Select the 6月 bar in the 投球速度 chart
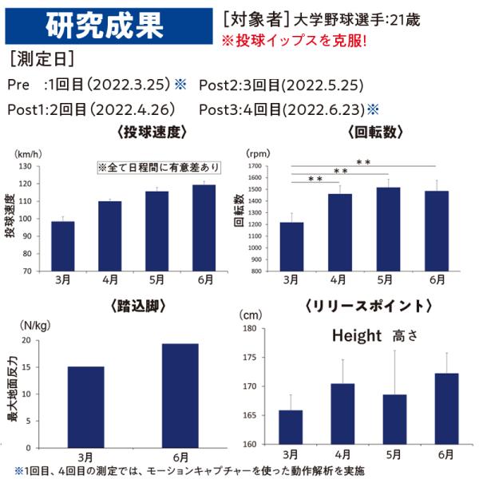pos(204,228)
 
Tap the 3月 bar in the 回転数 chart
pos(291,247)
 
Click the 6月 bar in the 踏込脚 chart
pos(180,396)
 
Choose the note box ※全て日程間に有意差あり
pos(158,168)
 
